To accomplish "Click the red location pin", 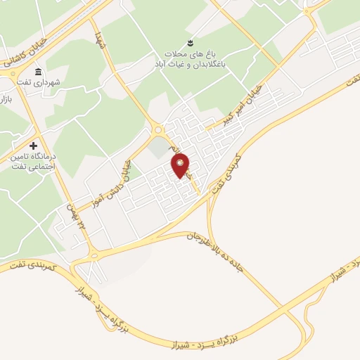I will (181, 165).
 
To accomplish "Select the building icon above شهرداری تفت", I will (37, 72).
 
